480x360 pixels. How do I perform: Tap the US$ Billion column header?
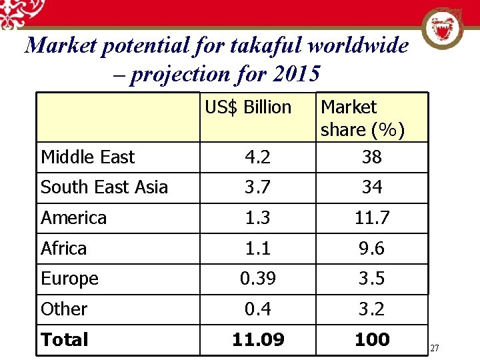[x=248, y=107]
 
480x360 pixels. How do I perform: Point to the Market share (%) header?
[x=363, y=118]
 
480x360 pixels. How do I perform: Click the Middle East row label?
[x=87, y=157]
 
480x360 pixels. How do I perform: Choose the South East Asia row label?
[x=104, y=187]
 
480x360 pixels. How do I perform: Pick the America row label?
[x=73, y=218]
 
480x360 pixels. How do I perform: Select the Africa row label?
[x=63, y=249]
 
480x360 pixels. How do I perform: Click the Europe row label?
[x=69, y=279]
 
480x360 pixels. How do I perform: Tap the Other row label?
[x=64, y=309]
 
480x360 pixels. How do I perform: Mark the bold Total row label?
[x=65, y=340]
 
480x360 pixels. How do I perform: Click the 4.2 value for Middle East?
[x=257, y=157]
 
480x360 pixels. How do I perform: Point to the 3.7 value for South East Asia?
[x=257, y=187]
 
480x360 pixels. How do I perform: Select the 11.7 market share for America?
[x=372, y=218]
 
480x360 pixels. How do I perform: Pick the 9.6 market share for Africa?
[x=372, y=249]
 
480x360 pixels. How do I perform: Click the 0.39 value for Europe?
[x=258, y=279]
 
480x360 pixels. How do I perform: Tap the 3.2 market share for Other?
[x=372, y=309]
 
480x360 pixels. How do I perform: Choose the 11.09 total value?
[x=258, y=340]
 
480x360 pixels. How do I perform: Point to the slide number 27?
[x=435, y=348]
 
